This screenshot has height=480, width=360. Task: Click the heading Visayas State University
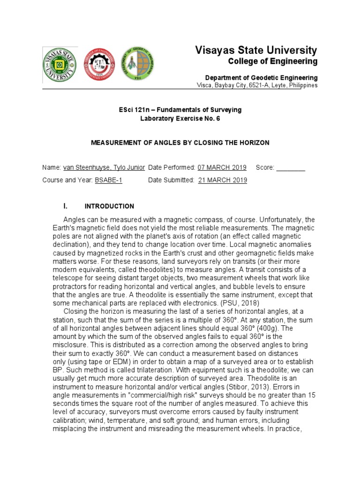255,50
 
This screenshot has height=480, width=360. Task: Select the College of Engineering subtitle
272,61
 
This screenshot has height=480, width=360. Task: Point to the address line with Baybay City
256,85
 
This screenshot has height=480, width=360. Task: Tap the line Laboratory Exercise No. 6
180,119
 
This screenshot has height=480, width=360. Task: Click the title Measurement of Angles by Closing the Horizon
180,142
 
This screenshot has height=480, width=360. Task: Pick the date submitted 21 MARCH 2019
223,180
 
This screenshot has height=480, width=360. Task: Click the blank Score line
291,168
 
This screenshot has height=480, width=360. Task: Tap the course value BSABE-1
109,180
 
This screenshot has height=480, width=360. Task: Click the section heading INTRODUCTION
109,206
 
